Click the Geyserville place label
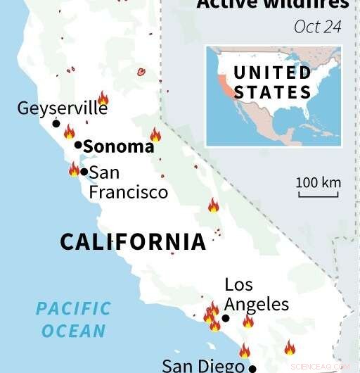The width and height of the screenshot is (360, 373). coord(63,109)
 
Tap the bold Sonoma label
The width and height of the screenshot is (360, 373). coord(118,146)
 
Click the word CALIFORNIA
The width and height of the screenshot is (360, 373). coord(133,242)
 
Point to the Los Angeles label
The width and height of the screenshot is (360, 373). coord(257,294)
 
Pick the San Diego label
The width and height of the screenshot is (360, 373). coord(204,366)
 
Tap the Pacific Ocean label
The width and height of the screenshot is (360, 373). coord(73,319)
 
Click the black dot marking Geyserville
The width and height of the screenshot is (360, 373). coord(56,123)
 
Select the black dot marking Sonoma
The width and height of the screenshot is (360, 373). coord(78,145)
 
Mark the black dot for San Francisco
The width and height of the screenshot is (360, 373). coord(84,171)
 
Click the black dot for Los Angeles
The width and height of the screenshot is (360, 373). coord(226,318)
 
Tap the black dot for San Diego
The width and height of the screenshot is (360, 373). coord(252,367)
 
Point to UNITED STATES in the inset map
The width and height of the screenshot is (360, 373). coord(273,82)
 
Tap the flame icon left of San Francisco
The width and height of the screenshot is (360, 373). coord(74,169)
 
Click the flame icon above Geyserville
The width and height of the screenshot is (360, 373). coord(103,98)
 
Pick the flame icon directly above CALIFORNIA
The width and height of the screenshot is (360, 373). coord(213,206)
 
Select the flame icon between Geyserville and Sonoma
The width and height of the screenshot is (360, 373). coord(69,132)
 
